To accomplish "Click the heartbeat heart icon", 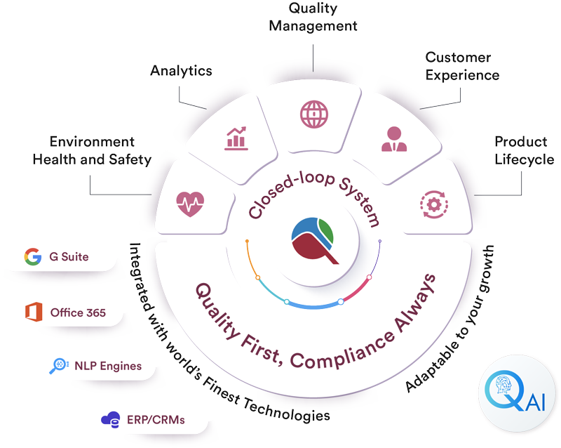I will point(190,204).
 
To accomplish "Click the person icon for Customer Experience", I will point(394,138).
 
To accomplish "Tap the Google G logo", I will point(32,256).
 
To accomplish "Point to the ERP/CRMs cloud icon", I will point(110,420).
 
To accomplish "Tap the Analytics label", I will point(181,71).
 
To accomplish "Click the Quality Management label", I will point(313,18).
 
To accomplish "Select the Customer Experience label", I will point(462,66).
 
